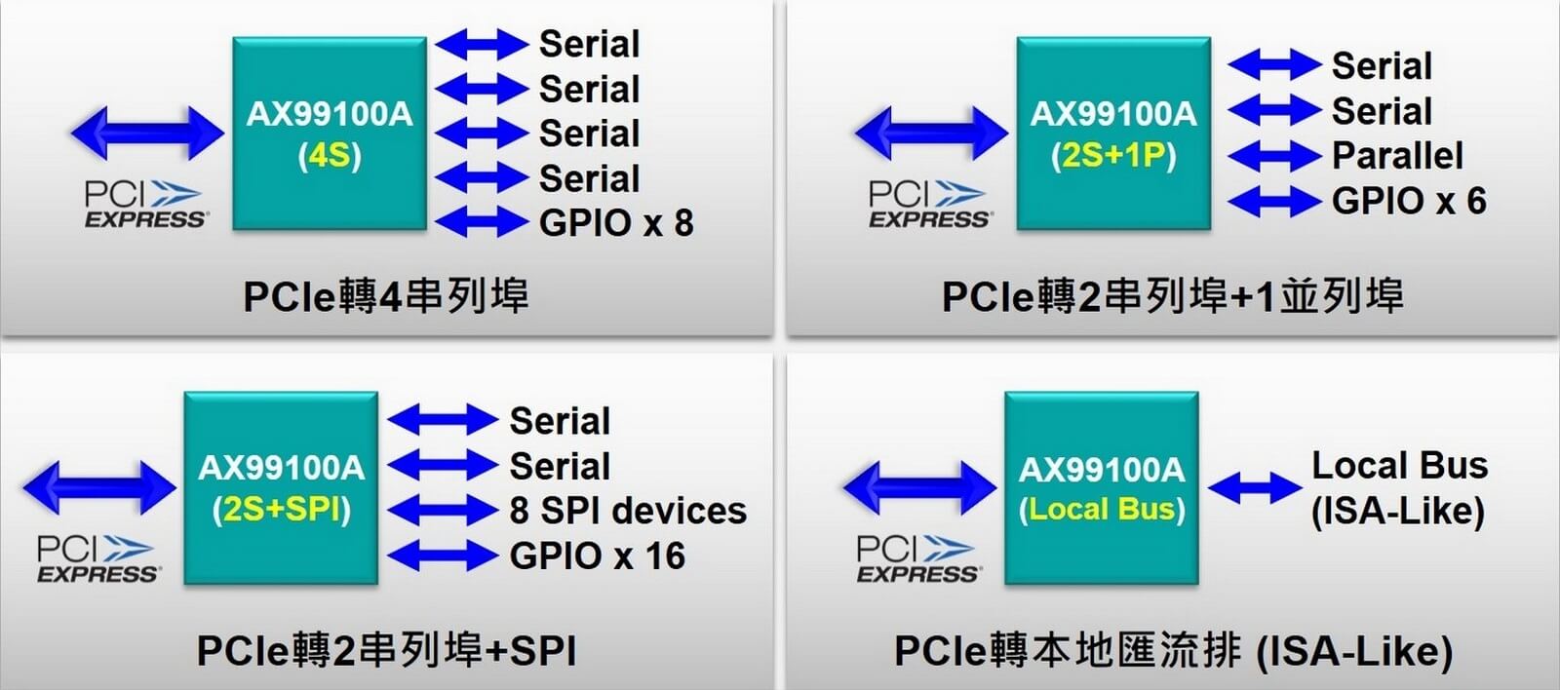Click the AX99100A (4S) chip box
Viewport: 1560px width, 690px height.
click(x=330, y=133)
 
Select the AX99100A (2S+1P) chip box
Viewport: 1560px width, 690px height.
click(x=1113, y=133)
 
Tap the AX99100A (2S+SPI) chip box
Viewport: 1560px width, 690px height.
click(x=281, y=487)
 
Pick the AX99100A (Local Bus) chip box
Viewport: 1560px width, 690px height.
click(x=1101, y=487)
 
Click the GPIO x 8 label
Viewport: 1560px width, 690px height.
click(x=616, y=223)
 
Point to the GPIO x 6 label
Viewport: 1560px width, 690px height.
click(x=1409, y=201)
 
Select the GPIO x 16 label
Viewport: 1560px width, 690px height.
click(x=598, y=556)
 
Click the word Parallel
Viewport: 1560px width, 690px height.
click(x=1397, y=155)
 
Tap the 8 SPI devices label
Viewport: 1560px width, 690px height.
click(x=628, y=511)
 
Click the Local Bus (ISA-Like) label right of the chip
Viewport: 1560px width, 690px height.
click(x=1399, y=488)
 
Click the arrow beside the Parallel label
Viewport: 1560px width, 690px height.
click(x=1274, y=155)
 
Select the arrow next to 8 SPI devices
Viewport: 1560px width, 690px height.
click(x=443, y=511)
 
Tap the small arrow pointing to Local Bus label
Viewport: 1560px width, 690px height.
click(x=1254, y=487)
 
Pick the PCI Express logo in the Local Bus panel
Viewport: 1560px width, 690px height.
click(x=918, y=558)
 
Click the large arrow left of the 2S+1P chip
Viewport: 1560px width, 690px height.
click(x=931, y=133)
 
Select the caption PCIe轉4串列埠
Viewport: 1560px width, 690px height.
click(x=386, y=296)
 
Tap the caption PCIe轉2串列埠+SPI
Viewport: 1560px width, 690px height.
click(x=386, y=651)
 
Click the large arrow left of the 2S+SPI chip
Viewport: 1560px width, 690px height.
click(x=98, y=487)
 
